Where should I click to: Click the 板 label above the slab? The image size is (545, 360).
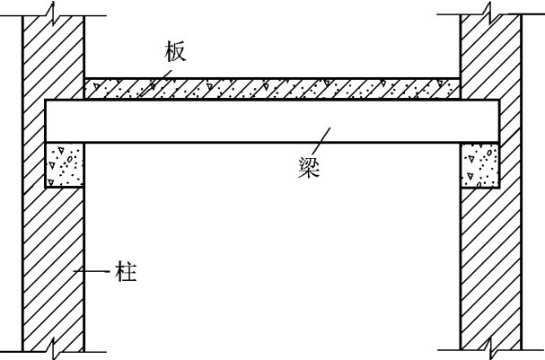pos(175,52)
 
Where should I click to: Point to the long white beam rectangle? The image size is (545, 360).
pos(269,120)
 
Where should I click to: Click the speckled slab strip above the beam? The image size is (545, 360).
pos(269,88)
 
